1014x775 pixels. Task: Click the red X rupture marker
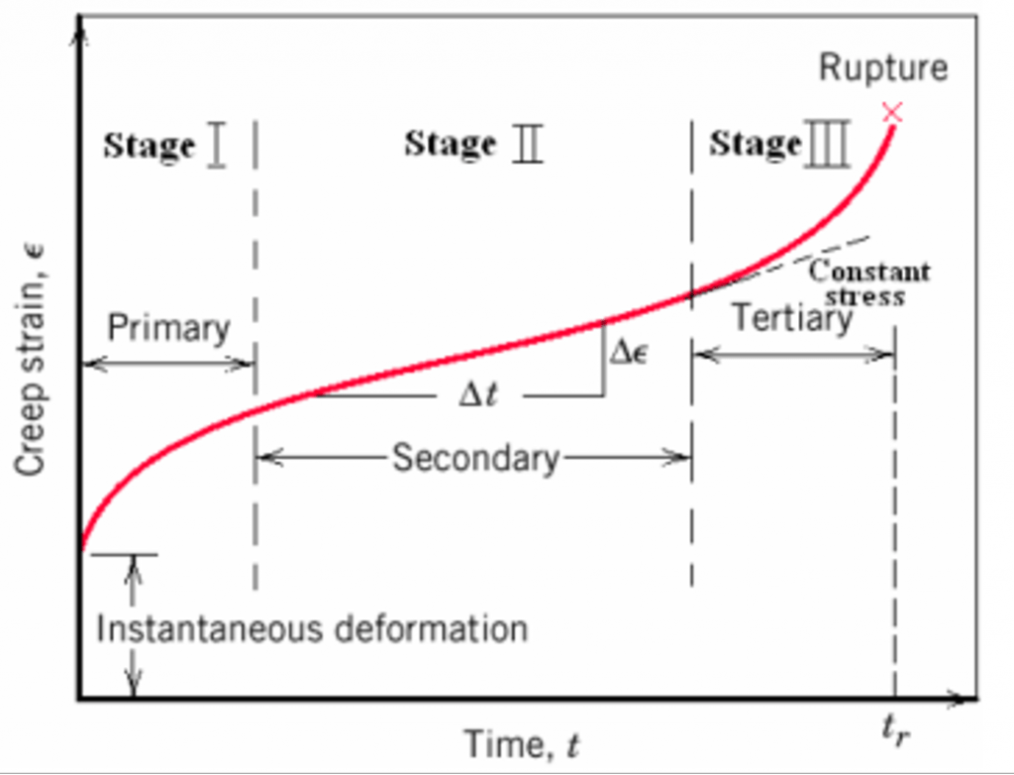[x=892, y=113]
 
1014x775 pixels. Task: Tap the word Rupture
[x=883, y=68]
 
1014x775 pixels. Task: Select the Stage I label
[x=165, y=145]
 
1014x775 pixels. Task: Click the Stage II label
[x=473, y=143]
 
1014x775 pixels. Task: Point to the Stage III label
[x=780, y=143]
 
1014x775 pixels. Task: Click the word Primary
[x=168, y=328]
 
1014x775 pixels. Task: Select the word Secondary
[x=476, y=458]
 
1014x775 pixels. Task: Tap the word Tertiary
[x=793, y=318]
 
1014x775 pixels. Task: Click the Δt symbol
[x=478, y=395]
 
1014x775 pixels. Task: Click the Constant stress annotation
[x=868, y=282]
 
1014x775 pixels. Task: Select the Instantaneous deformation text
[x=312, y=629]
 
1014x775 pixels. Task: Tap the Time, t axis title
[x=521, y=744]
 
